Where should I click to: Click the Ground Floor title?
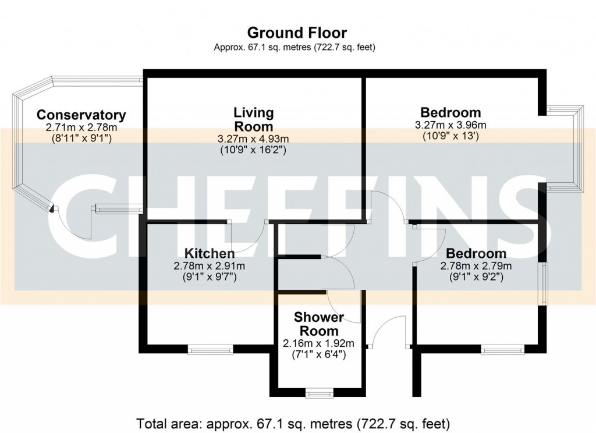(x=297, y=33)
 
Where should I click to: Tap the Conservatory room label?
(x=81, y=115)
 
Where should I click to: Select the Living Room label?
(x=253, y=119)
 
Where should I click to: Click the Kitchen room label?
(x=210, y=253)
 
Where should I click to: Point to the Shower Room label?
(x=319, y=324)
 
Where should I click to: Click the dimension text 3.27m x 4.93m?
(x=253, y=139)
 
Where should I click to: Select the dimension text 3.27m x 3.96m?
(x=450, y=125)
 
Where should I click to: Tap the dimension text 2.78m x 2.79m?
(x=476, y=266)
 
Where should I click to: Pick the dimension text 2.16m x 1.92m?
(x=318, y=343)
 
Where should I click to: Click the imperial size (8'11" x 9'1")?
(x=81, y=139)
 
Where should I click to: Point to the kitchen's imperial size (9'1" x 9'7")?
(x=210, y=277)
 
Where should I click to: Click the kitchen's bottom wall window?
(x=210, y=349)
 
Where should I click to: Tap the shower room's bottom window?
(x=320, y=393)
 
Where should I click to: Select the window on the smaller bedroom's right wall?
(x=545, y=283)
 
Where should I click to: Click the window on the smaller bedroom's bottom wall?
(x=503, y=349)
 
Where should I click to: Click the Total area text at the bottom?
(x=293, y=423)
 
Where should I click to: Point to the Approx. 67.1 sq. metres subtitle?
(x=295, y=48)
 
